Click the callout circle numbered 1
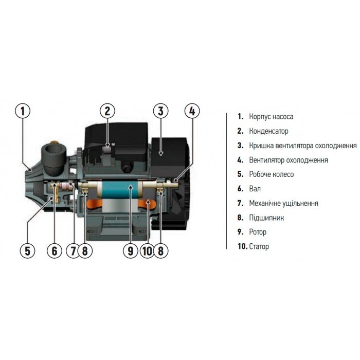pyautogui.click(x=23, y=111)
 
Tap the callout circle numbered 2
pyautogui.click(x=107, y=111)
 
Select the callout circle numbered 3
pyautogui.click(x=160, y=111)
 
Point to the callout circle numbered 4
pyautogui.click(x=192, y=111)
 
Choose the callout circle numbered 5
pyautogui.click(x=27, y=251)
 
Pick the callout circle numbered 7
pyautogui.click(x=73, y=251)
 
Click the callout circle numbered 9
pyautogui.click(x=130, y=251)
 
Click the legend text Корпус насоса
pyautogui.click(x=271, y=117)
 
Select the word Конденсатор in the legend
pyautogui.click(x=268, y=131)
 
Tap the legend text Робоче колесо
pyautogui.click(x=271, y=174)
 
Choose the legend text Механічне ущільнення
pyautogui.click(x=283, y=203)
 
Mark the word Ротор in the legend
pyautogui.click(x=259, y=232)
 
